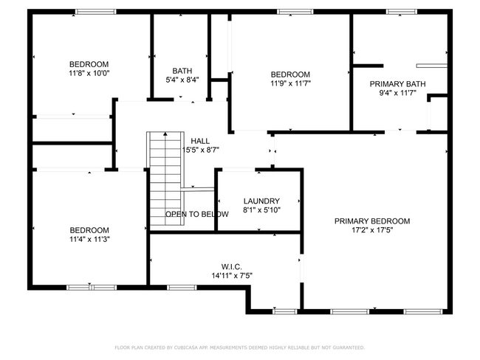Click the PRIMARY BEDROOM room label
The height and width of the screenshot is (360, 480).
click(x=372, y=221)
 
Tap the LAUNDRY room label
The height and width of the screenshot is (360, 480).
click(x=261, y=201)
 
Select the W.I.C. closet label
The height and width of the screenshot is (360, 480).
click(x=232, y=267)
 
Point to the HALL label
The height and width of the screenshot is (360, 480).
click(x=200, y=141)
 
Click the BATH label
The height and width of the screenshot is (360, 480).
click(x=182, y=71)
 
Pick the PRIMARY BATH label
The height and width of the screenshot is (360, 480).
click(x=397, y=84)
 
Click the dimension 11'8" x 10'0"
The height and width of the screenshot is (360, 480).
click(x=89, y=73)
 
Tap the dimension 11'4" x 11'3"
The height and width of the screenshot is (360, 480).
click(x=89, y=239)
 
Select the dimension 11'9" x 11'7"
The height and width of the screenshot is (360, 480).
click(x=290, y=83)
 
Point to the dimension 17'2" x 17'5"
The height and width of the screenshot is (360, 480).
click(x=372, y=230)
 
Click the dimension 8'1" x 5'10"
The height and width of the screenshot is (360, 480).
click(x=261, y=210)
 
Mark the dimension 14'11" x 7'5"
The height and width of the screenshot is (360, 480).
click(x=232, y=276)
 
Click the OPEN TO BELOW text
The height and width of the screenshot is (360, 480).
click(x=197, y=214)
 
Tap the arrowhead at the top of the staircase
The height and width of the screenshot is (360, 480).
click(x=165, y=134)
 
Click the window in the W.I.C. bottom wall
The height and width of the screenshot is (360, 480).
click(x=285, y=311)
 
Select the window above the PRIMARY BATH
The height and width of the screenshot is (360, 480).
click(x=402, y=12)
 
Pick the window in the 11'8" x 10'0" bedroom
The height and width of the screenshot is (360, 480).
click(x=96, y=12)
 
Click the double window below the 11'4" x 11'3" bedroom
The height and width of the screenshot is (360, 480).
click(x=92, y=288)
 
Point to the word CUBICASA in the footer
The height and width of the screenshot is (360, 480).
click(x=186, y=347)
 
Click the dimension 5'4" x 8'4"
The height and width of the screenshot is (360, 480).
click(x=182, y=80)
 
